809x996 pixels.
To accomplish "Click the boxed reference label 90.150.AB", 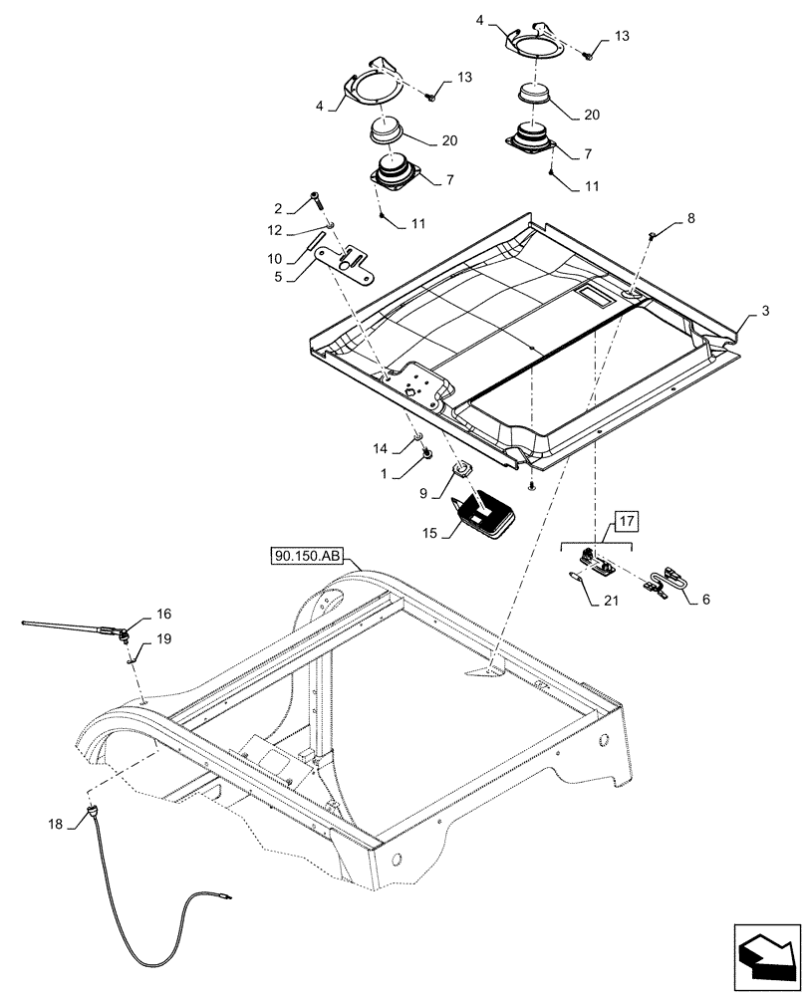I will [x=305, y=556].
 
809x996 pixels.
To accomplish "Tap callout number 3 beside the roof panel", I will [x=764, y=313].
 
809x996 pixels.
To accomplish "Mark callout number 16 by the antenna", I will [x=162, y=615].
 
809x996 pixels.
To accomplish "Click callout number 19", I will [x=162, y=641].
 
